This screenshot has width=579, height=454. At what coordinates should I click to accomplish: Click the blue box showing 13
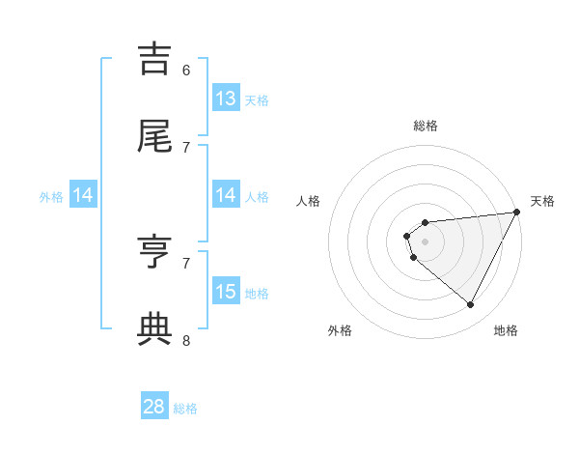[225, 99]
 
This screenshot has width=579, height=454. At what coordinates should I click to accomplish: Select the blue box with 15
[225, 292]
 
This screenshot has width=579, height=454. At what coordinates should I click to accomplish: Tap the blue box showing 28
[154, 407]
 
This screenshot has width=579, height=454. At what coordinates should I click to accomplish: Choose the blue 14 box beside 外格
[83, 195]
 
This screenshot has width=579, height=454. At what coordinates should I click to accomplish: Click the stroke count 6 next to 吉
[186, 70]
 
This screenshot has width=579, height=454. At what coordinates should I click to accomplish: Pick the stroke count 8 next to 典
[186, 340]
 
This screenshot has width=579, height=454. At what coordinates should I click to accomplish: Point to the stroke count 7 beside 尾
[186, 147]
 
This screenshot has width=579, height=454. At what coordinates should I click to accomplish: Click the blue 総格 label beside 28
[185, 409]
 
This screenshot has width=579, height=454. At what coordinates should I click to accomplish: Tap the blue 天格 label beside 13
[257, 99]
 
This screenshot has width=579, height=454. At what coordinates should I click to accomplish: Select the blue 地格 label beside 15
[257, 293]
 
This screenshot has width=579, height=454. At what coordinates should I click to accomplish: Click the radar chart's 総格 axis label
[426, 126]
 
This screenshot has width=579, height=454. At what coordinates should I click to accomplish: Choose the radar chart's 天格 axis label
[542, 201]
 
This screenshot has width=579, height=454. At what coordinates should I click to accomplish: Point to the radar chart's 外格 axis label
[340, 331]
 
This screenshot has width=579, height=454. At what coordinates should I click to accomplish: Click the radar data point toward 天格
[516, 213]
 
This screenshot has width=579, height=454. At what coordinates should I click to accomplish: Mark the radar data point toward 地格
[470, 304]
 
